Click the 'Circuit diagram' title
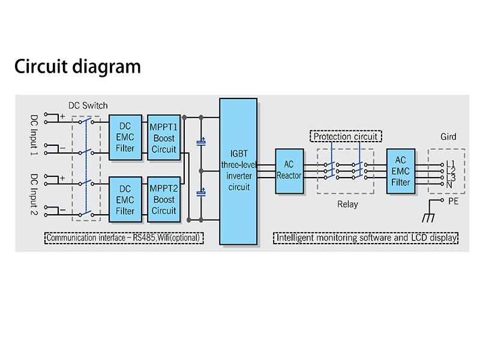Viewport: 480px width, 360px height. coord(77,66)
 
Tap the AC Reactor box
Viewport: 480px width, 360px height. coord(289,171)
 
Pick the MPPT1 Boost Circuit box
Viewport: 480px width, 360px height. coord(163,137)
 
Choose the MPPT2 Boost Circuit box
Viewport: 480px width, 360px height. coord(163,199)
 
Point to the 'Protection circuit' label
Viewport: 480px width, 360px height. coord(346,136)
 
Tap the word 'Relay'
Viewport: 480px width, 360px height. coord(347,204)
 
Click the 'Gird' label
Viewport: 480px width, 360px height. coord(449,137)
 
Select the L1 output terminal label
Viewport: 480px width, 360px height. coord(451,163)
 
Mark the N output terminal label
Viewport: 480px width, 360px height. coord(449,185)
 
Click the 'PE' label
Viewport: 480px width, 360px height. coord(453,202)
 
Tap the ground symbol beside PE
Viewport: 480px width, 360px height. coord(430,213)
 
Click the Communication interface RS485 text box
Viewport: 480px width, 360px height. coord(125,238)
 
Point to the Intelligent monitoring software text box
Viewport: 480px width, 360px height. coord(367,238)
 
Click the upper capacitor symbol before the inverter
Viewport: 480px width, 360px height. coord(202,143)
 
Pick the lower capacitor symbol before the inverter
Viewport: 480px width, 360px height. coord(202,193)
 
